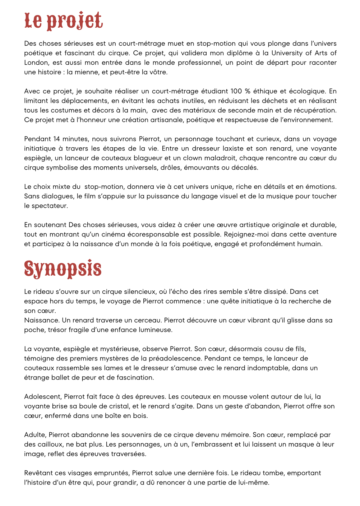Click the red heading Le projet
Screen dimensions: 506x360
[x=64, y=21]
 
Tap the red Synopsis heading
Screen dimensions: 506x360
[x=63, y=269]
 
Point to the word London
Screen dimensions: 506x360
[x=36, y=63]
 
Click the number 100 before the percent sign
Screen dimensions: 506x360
[x=236, y=91]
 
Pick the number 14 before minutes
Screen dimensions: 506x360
[x=56, y=139]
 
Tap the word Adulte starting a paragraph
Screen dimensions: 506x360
[x=35, y=435]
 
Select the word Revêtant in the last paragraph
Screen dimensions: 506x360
[x=39, y=473]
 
